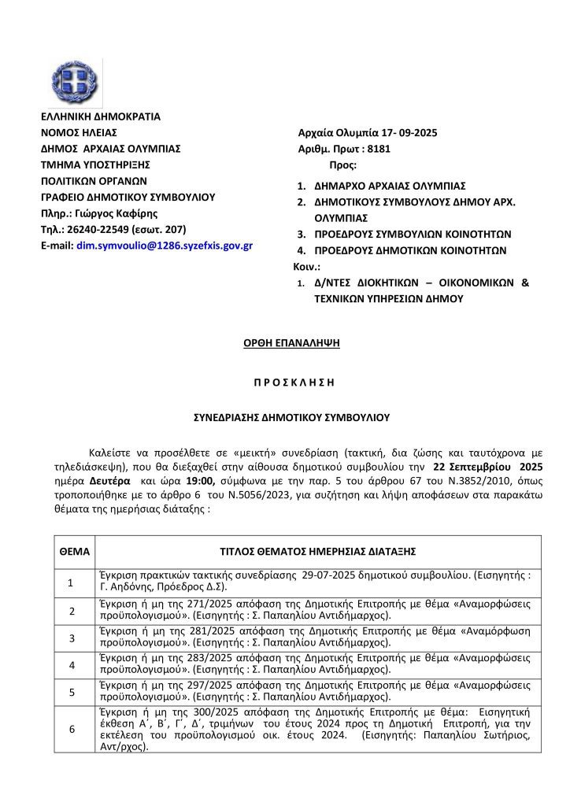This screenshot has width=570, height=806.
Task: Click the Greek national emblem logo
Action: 75,76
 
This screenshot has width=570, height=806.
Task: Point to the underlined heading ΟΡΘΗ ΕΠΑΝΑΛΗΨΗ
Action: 284,344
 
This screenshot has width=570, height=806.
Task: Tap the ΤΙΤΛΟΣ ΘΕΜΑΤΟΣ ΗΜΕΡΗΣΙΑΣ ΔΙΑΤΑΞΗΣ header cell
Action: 317,550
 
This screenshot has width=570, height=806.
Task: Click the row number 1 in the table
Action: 71,582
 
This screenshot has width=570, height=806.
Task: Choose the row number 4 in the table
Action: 71,665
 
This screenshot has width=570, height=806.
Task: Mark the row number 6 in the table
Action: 71,729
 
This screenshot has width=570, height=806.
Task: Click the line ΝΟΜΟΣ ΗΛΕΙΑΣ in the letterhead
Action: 79,132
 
